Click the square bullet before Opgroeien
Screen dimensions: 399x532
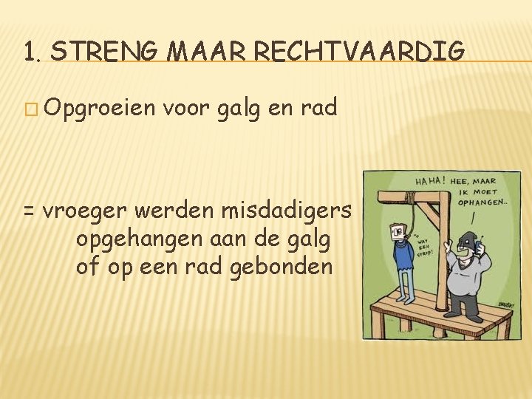coord(29,109)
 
